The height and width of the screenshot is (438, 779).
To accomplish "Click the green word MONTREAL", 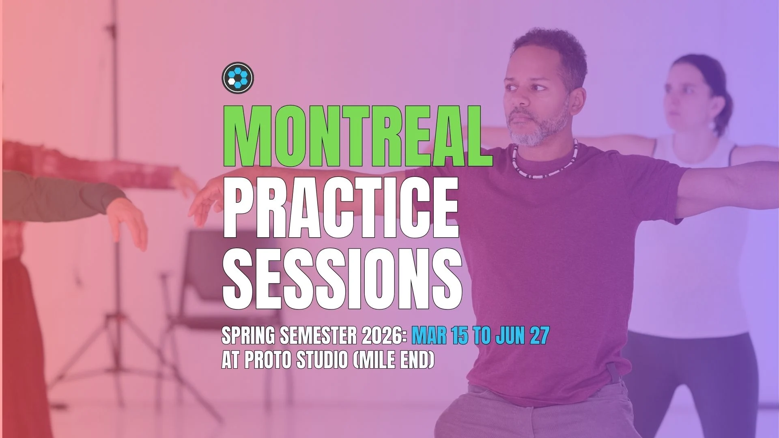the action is [x=358, y=136].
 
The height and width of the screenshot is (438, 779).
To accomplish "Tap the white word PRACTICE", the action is [x=341, y=207].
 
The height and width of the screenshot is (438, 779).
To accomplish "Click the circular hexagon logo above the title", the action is [x=238, y=77].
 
